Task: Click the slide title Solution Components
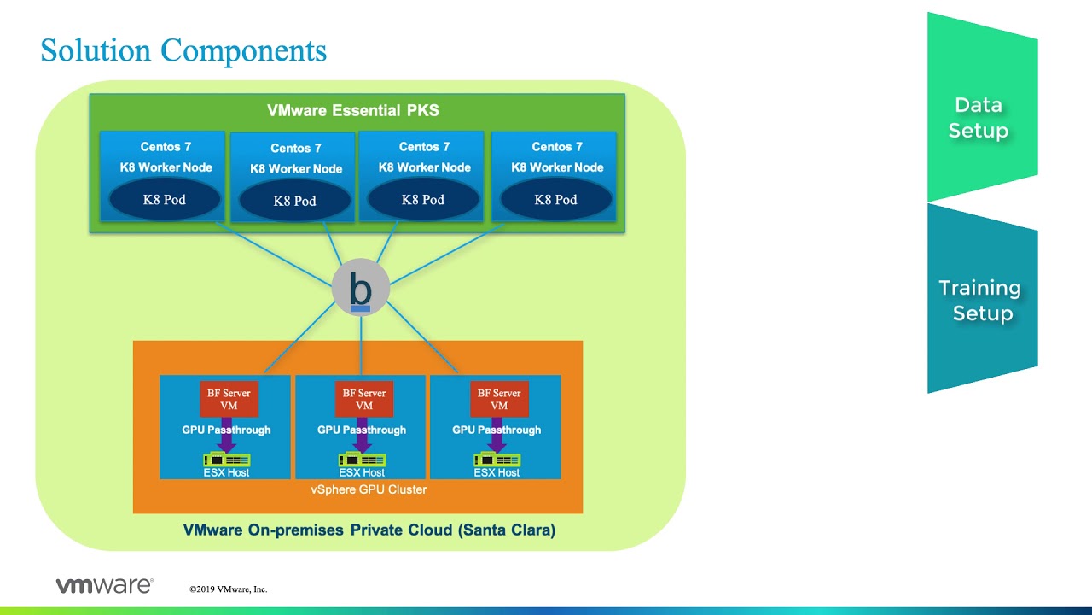click(183, 50)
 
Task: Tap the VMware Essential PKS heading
click(353, 110)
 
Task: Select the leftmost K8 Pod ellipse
click(165, 199)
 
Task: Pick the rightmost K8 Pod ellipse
click(555, 199)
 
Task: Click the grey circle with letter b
click(361, 288)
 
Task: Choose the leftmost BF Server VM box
click(229, 399)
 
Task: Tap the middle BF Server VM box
click(364, 399)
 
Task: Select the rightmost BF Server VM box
click(499, 399)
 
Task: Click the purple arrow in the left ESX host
click(227, 436)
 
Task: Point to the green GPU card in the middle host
click(363, 460)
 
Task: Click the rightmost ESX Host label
click(497, 472)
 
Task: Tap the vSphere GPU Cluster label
click(369, 489)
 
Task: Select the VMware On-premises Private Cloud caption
click(369, 530)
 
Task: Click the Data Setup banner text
click(979, 118)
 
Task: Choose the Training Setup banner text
click(980, 300)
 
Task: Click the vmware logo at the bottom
click(105, 585)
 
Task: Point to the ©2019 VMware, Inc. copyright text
click(229, 589)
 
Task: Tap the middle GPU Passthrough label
click(362, 430)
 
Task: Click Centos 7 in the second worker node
click(296, 148)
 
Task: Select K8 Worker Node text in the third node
click(425, 167)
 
